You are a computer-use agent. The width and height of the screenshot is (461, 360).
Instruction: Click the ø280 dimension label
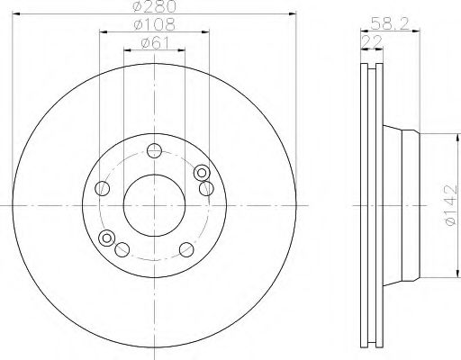[154, 6]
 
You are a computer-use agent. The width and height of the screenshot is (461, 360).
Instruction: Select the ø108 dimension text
[154, 24]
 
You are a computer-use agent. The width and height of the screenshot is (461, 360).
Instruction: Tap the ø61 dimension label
[155, 43]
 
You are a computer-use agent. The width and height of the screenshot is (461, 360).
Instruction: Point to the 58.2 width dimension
[390, 23]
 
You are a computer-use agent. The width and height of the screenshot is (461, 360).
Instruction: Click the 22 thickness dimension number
[372, 41]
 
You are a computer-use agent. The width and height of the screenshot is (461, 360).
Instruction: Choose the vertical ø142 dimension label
[450, 205]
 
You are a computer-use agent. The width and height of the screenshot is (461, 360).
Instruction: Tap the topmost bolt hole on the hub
[154, 150]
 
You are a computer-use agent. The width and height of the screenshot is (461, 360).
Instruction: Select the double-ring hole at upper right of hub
[202, 173]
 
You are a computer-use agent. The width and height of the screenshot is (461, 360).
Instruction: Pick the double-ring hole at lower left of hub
[107, 238]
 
